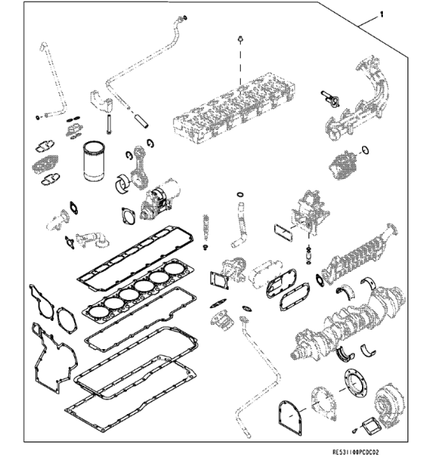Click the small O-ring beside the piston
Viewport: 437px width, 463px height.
(x=366, y=151)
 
